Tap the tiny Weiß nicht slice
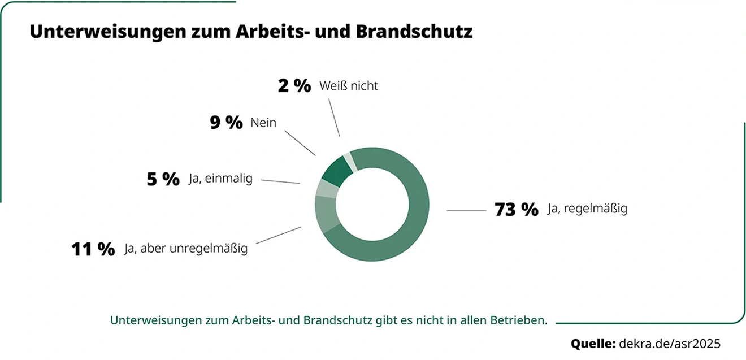coord(349,161)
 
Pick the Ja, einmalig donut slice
coord(326,188)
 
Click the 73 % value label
coord(516,210)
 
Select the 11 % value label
coord(93,249)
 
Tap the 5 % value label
coord(163,180)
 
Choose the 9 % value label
coord(226,123)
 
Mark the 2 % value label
coord(294,86)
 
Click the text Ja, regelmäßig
coord(587,209)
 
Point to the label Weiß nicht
coord(348,86)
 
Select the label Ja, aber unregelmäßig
coord(186,249)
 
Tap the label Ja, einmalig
coord(220,180)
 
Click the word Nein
coord(263,122)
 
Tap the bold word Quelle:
coord(593,343)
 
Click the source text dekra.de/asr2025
coord(670,343)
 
